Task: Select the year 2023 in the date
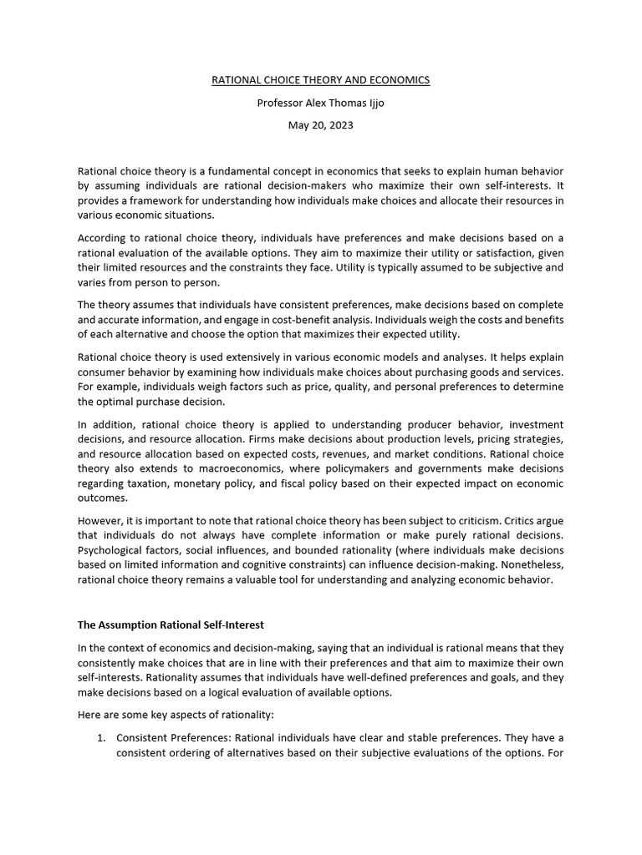[341, 125]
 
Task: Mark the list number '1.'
[101, 738]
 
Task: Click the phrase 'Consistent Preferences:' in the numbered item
[174, 738]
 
